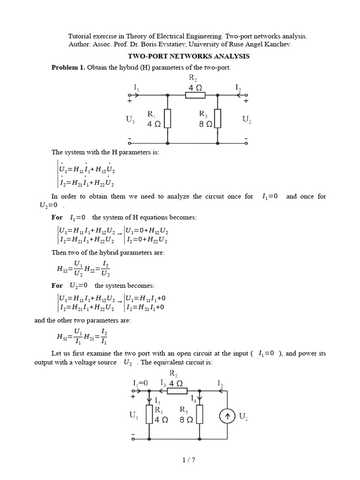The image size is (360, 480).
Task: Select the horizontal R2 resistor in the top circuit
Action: (195, 96)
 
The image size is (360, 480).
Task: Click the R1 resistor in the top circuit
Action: (167, 118)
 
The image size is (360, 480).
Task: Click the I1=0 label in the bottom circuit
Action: (140, 383)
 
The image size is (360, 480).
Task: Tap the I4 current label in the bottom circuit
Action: (194, 399)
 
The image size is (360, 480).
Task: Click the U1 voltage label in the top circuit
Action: (130, 120)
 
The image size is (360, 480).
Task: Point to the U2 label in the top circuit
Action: (247, 120)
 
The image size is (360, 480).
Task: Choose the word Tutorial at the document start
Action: (81, 35)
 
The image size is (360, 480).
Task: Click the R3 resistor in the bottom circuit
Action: (200, 414)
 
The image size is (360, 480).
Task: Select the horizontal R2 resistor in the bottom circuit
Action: (179, 390)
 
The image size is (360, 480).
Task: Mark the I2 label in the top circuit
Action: (239, 88)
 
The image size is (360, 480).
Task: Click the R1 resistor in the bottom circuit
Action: (150, 414)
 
